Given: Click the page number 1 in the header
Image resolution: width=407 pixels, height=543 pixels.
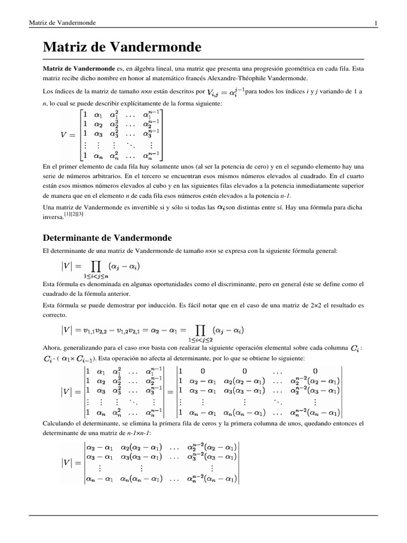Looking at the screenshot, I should (375, 23).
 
